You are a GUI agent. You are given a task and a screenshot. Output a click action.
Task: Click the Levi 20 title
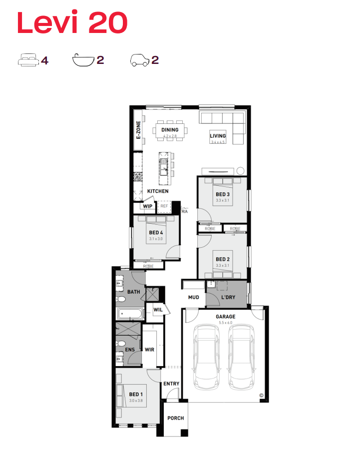coord(72,22)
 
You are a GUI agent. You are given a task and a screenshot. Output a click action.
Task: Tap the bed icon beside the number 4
coord(28,60)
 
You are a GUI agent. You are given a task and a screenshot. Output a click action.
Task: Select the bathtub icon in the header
coord(83,60)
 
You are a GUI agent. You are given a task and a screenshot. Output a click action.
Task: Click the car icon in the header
coord(140,60)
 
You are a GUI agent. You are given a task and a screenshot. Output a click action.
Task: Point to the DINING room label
coord(170,130)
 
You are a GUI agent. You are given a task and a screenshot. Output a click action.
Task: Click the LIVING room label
coord(218,136)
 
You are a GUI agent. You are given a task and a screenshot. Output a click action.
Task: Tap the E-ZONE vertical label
coord(138,130)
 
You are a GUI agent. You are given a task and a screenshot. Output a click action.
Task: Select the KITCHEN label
coord(158,191)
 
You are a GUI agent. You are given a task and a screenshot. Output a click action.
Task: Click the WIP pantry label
coord(148,206)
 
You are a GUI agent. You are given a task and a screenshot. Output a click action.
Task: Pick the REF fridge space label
coord(164,206)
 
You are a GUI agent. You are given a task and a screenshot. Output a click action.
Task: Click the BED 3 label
coord(223,194)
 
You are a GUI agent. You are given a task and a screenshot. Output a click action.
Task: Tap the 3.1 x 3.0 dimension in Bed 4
coord(156,239)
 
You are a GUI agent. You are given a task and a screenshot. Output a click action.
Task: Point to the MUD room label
coord(194,297)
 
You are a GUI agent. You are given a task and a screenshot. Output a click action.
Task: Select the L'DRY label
coord(228,297)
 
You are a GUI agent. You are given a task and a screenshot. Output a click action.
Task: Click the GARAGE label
coord(226,317)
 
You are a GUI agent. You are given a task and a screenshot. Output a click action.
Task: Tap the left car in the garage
coord(206,357)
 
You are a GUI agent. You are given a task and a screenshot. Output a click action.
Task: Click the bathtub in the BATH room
coord(130,314)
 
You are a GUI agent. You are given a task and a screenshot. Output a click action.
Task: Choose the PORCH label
coord(176,418)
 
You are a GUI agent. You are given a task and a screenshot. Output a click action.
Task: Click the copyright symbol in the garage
coord(262,396)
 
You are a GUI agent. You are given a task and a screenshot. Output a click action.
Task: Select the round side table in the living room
coord(240,171)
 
